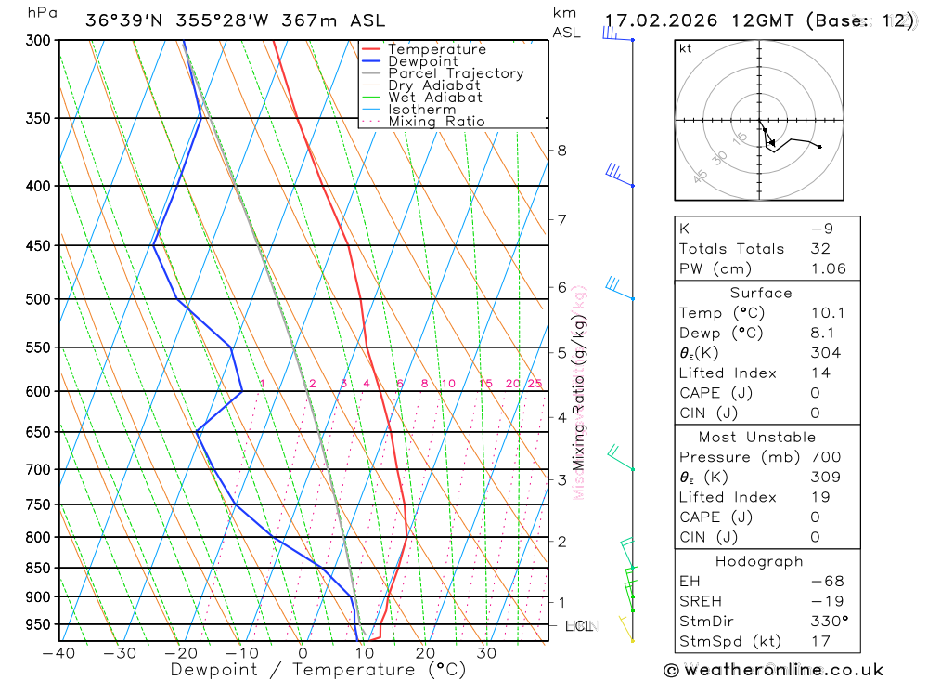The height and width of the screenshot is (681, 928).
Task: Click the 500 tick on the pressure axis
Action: pyautogui.click(x=37, y=299)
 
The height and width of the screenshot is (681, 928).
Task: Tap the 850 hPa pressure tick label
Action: pyautogui.click(x=37, y=568)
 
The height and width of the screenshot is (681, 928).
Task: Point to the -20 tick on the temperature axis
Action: pyautogui.click(x=181, y=653)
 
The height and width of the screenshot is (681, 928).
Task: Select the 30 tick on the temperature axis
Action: pyautogui.click(x=487, y=653)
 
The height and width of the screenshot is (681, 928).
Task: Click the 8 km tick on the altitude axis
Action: pyautogui.click(x=561, y=151)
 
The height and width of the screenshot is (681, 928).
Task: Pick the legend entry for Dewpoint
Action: pyautogui.click(x=422, y=61)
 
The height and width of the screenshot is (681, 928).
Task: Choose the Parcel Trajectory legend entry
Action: pyautogui.click(x=455, y=73)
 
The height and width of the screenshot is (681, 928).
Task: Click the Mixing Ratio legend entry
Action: pyautogui.click(x=436, y=122)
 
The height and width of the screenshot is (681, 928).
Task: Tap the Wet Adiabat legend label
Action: pyautogui.click(x=434, y=98)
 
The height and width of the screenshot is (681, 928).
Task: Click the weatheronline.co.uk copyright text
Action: pyautogui.click(x=774, y=670)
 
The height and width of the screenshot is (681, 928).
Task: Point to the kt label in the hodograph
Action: pyautogui.click(x=685, y=48)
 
